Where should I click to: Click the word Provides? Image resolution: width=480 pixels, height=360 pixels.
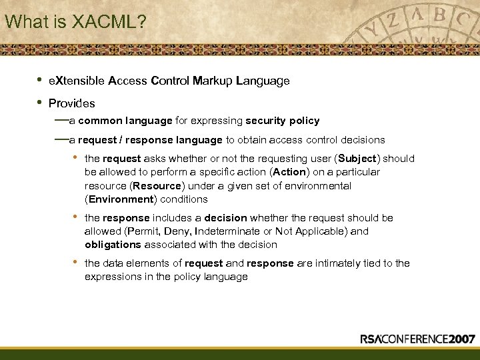tap(71, 103)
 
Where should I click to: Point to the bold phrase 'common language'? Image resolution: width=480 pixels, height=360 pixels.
tap(125, 121)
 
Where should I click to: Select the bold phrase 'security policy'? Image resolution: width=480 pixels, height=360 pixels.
tap(282, 121)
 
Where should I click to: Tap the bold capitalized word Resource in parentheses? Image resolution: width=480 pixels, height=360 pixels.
tap(157, 186)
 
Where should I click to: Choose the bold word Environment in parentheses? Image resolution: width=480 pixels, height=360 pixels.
tap(119, 199)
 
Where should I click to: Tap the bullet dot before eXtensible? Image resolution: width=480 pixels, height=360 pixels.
tap(39, 80)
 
